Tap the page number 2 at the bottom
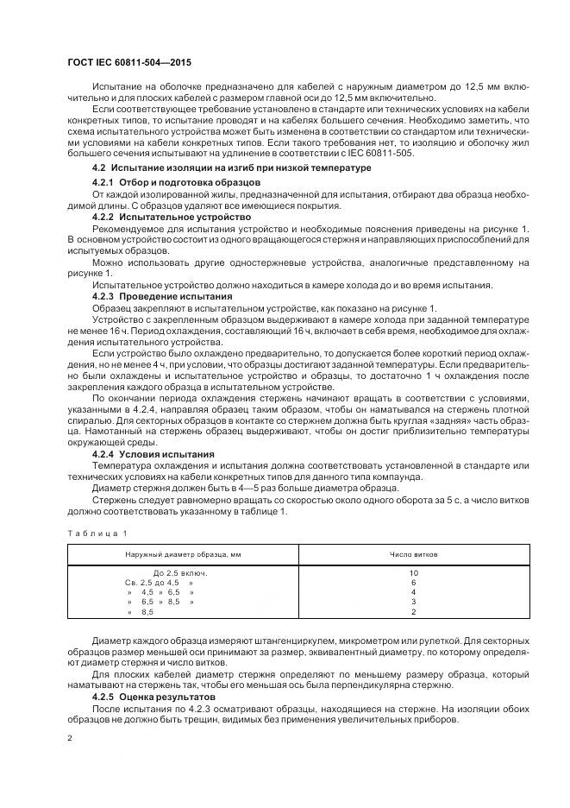[x=69, y=737]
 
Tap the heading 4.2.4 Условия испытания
[x=153, y=453]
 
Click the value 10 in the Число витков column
[x=414, y=573]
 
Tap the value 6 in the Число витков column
[x=414, y=583]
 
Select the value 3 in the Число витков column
[x=414, y=602]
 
